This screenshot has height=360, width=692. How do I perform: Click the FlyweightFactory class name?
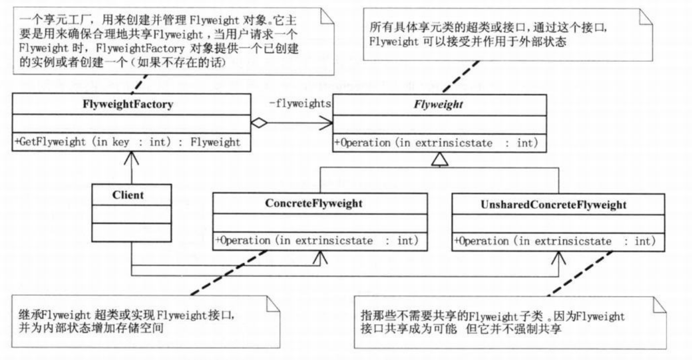[128, 104]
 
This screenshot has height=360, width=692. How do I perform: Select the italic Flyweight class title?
[438, 105]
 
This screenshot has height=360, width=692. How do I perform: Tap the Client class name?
[128, 195]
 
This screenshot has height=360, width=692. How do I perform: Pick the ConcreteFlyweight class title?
[314, 203]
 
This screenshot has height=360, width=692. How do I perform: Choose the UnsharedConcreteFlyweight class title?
[554, 205]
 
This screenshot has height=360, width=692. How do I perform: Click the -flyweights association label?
[300, 104]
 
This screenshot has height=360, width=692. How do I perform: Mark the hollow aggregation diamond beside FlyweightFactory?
[259, 123]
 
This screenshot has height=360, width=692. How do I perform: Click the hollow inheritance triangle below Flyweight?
[440, 159]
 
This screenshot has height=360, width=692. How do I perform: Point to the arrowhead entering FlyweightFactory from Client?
[132, 158]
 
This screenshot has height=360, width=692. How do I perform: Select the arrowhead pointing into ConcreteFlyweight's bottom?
[320, 257]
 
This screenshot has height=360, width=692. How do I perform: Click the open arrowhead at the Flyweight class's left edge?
[326, 123]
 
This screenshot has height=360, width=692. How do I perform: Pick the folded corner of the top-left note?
[327, 17]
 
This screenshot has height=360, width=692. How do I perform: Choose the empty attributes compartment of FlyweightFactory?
[132, 124]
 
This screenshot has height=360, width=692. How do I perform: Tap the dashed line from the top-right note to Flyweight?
[461, 76]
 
